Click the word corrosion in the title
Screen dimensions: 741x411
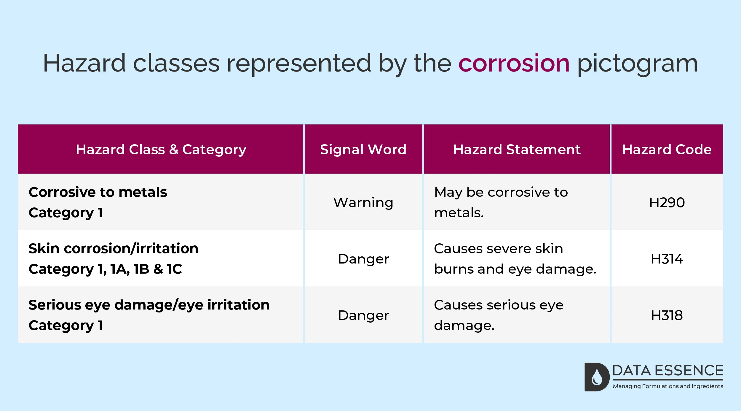(x=514, y=63)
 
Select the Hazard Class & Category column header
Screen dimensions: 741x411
(x=161, y=149)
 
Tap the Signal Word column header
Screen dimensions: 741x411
(x=363, y=149)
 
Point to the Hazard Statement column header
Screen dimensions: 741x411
(x=517, y=149)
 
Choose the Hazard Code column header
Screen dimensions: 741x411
(x=667, y=149)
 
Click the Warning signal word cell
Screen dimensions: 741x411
(x=363, y=203)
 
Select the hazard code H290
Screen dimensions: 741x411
(x=667, y=203)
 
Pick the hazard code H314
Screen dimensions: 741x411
(x=667, y=259)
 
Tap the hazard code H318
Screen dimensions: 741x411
(x=667, y=315)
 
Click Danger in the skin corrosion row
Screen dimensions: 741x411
(x=363, y=259)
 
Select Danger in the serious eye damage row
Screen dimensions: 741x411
(x=363, y=315)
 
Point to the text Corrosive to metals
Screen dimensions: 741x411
(x=98, y=192)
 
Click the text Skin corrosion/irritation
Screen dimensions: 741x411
(x=114, y=248)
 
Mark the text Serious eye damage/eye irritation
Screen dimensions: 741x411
(x=149, y=305)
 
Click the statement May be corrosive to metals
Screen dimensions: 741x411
(x=501, y=202)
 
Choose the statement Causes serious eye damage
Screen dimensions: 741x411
(x=499, y=315)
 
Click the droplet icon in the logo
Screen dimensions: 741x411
(x=597, y=377)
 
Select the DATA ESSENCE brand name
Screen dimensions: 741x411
(x=668, y=371)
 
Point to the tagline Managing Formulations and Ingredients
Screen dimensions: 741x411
(x=668, y=386)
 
